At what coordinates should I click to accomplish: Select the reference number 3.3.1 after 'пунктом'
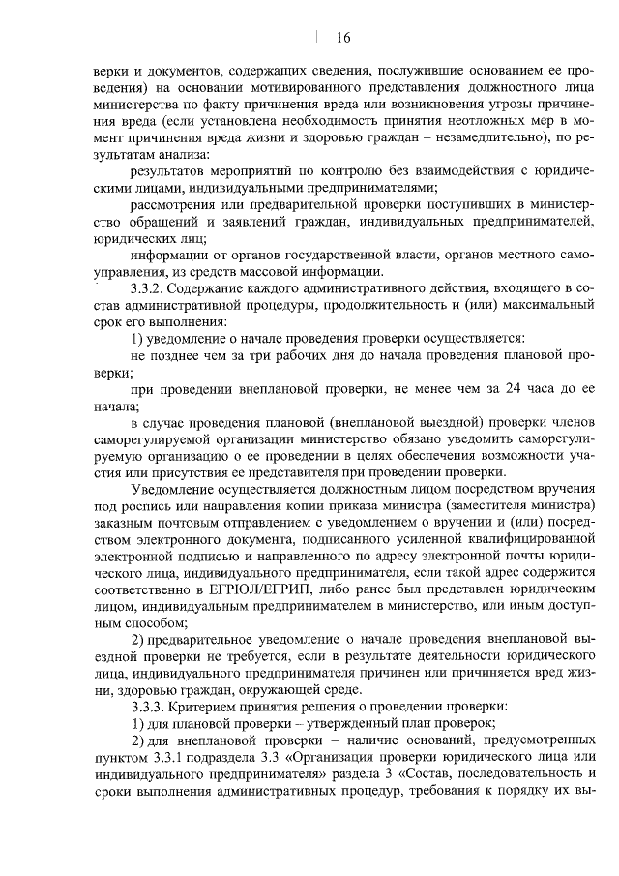pyautogui.click(x=165, y=755)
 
